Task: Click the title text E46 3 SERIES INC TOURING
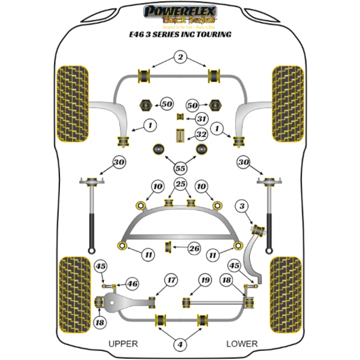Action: (180, 35)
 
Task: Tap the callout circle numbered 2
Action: (179, 58)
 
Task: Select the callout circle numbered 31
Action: (202, 119)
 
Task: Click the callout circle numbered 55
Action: (179, 169)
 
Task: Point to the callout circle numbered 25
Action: (180, 183)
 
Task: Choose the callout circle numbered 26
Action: (194, 248)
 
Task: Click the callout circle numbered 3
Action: (242, 207)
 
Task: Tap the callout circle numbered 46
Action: (133, 284)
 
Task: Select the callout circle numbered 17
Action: (172, 280)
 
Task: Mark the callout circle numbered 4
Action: (179, 345)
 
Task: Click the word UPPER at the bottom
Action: (123, 344)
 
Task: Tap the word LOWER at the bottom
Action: (242, 344)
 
